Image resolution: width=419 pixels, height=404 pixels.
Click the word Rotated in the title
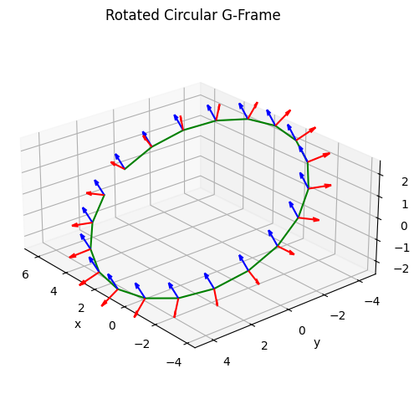pos(133,15)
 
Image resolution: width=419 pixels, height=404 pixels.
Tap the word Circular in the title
pos(191,15)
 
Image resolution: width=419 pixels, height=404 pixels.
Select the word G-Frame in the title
pos(251,15)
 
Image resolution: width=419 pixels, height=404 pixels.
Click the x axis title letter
pos(78,325)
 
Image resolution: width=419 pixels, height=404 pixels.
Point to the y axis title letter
pos(317,343)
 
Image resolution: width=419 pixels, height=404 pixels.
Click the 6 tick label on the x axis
pos(25,275)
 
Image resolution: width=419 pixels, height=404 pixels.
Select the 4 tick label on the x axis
pos(54,292)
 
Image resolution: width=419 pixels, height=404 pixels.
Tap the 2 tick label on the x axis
pos(81,309)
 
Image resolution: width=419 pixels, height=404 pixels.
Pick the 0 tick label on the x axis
pos(112,325)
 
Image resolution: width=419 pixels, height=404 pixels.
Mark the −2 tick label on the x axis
pos(142,344)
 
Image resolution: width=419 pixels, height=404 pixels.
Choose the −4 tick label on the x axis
pos(174,363)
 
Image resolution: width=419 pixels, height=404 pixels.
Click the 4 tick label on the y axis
pos(227,362)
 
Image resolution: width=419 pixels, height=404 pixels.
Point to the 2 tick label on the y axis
pos(264,346)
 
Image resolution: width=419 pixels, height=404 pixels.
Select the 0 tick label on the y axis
pos(302,331)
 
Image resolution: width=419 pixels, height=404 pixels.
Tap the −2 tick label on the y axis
pos(338,316)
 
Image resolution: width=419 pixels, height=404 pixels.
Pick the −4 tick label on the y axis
pos(372,301)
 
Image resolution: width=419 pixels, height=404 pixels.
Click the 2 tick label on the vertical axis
pos(405,182)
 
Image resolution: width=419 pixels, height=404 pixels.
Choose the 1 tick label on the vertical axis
pos(405,205)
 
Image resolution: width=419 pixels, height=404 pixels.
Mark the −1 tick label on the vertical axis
pos(401,248)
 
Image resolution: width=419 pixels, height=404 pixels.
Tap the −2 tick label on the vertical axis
pos(401,268)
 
